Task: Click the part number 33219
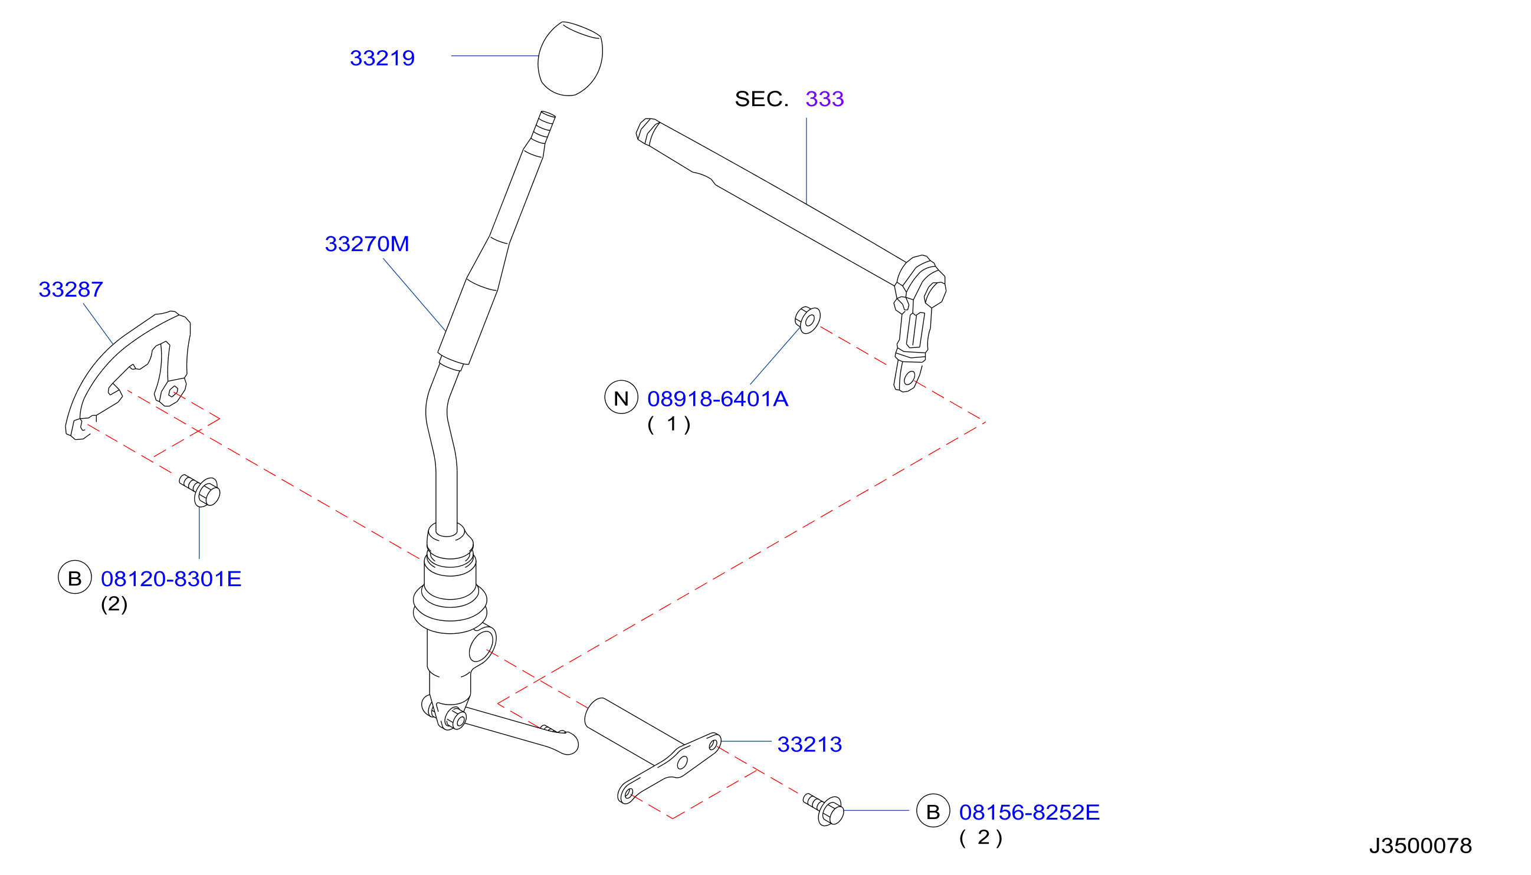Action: click(x=382, y=58)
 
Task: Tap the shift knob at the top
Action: click(x=570, y=59)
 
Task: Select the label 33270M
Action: click(x=367, y=244)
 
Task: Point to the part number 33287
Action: click(x=71, y=290)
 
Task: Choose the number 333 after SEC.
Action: click(x=824, y=99)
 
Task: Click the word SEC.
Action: click(x=761, y=99)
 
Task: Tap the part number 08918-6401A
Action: click(x=717, y=399)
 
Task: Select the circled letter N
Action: click(x=621, y=397)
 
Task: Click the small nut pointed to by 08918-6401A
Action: click(x=808, y=320)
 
